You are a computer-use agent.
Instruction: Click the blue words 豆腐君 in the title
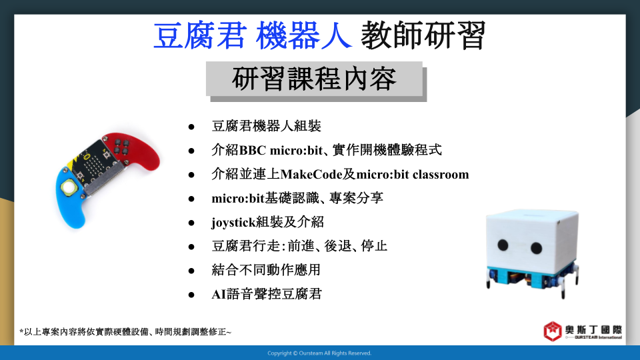tap(200, 35)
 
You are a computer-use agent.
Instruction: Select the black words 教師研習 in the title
tap(423, 35)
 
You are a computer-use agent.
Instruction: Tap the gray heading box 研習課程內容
tap(314, 79)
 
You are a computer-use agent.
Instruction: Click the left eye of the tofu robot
tap(503, 245)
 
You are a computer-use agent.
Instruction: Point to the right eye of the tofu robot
tap(536, 248)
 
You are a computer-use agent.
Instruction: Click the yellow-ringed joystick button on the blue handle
tap(69, 187)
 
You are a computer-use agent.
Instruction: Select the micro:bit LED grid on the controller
tap(94, 163)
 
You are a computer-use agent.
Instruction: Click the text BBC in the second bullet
tap(253, 151)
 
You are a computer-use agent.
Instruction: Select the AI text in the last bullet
tap(219, 294)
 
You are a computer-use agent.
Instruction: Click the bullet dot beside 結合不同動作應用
tap(191, 271)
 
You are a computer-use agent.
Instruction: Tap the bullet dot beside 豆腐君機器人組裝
tap(191, 127)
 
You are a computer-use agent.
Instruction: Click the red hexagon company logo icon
tap(553, 331)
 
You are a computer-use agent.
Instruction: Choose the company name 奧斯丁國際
tap(593, 330)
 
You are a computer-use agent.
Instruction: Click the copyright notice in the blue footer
tap(319, 353)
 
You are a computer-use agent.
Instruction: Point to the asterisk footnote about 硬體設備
tap(125, 332)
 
